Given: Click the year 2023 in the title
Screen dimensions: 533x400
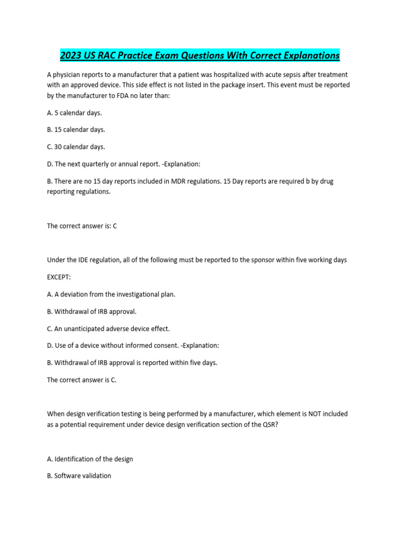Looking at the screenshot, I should click(x=71, y=55).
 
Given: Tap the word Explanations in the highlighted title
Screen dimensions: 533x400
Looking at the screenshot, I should click(x=307, y=55).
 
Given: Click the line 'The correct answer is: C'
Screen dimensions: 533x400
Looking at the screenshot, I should click(x=82, y=226).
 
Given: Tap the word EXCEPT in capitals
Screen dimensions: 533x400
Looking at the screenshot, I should click(x=59, y=277).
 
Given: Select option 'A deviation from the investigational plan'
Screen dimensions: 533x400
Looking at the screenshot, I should click(x=111, y=295).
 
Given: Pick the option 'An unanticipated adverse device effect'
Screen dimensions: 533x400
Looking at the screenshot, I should click(x=108, y=329).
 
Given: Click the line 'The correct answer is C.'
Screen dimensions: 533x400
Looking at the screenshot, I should click(x=82, y=380).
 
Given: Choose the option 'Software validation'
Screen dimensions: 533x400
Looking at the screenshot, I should click(x=79, y=476).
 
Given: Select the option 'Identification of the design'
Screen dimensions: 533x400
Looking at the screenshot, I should click(x=90, y=459).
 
